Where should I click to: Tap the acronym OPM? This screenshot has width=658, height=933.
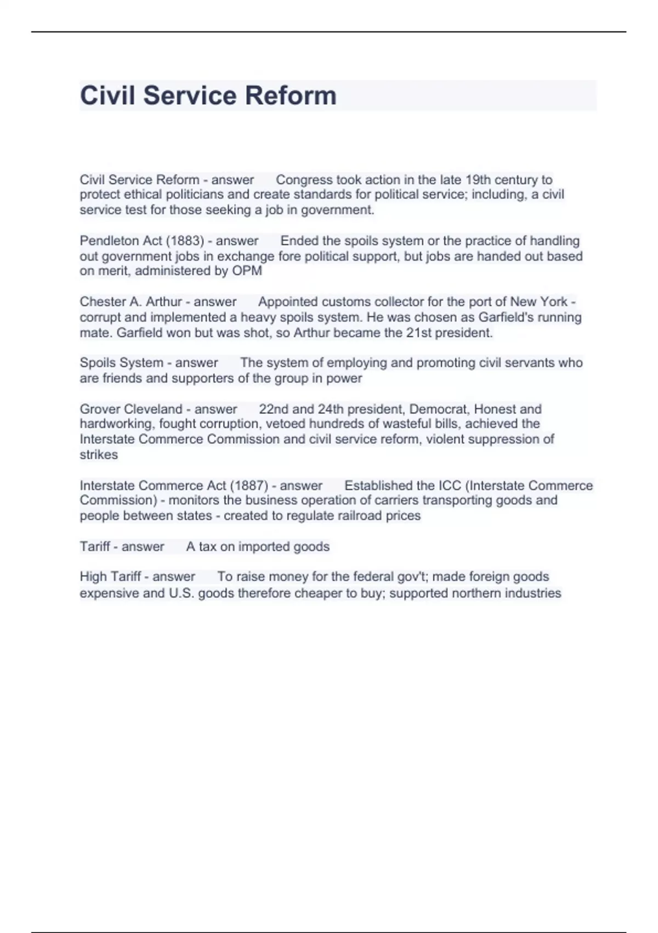tap(247, 271)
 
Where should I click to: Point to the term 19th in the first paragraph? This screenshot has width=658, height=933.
tap(478, 180)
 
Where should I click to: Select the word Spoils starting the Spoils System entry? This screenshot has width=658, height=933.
tap(98, 363)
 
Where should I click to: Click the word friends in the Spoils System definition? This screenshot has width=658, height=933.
tap(122, 378)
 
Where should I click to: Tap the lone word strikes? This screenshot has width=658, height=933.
tap(99, 454)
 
